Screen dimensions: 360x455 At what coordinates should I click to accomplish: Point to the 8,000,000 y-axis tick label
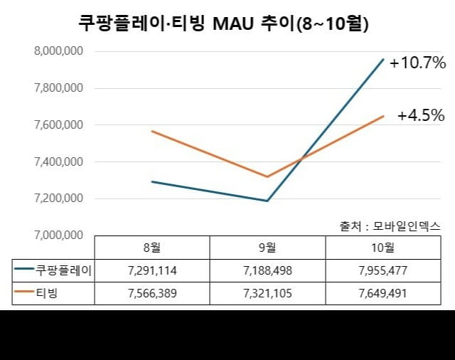tap(58, 51)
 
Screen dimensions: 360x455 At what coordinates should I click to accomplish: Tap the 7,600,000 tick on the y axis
tap(58, 125)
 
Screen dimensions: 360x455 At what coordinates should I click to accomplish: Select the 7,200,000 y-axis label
tap(58, 198)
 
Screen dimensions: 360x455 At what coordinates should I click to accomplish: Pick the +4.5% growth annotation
tap(421, 115)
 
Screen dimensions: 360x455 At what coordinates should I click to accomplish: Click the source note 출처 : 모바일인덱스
tap(390, 226)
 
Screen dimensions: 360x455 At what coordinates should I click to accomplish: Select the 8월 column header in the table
tap(151, 248)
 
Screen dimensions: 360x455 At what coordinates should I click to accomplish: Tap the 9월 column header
tap(267, 248)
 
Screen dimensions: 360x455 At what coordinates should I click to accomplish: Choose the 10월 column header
tap(383, 248)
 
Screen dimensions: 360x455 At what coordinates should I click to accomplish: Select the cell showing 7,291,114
tap(151, 270)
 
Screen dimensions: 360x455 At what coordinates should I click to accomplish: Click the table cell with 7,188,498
tap(267, 270)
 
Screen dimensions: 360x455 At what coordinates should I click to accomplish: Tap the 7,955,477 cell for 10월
tap(383, 270)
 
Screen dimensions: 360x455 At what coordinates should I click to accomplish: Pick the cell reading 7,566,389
tap(151, 293)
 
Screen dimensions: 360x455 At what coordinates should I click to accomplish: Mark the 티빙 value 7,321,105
tap(267, 293)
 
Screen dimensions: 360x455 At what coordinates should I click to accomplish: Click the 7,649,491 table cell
tap(383, 293)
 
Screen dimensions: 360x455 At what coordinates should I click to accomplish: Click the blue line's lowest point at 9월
tap(267, 201)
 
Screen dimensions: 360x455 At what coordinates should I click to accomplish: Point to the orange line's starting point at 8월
tap(151, 132)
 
